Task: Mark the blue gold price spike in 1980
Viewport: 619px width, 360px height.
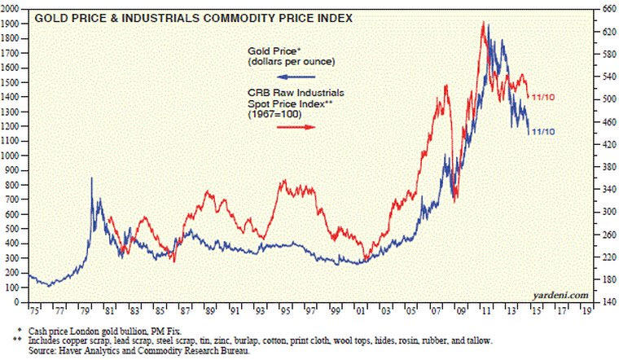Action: click(91, 178)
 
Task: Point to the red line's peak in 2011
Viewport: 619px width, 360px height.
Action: click(484, 23)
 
